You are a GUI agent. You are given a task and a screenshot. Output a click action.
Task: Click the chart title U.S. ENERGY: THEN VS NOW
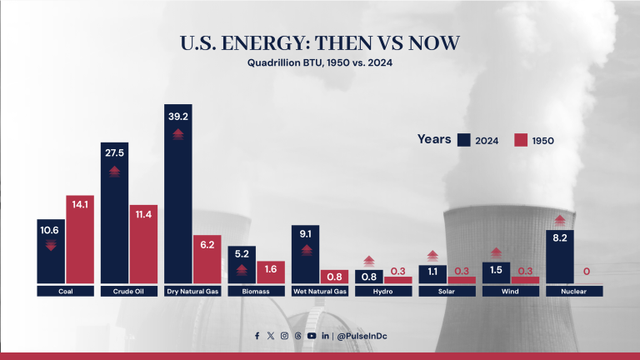pos(320,43)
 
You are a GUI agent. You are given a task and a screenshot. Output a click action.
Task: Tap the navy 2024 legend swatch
pos(463,140)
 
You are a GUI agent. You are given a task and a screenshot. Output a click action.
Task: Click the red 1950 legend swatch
pos(521,140)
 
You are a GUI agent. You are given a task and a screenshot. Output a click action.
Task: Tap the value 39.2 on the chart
pos(178,117)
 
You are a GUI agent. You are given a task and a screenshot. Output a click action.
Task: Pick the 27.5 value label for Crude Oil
pos(115,154)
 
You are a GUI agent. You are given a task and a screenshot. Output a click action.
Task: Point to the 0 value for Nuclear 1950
pos(587,272)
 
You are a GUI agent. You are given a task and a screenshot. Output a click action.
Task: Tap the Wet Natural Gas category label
pos(320,292)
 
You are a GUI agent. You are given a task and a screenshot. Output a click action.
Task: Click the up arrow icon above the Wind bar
pos(496,252)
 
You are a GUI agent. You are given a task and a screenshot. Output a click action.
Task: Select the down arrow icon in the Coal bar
pos(51,244)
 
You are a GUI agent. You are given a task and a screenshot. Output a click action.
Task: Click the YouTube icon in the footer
pos(311,336)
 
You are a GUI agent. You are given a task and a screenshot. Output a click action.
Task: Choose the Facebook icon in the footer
pos(257,336)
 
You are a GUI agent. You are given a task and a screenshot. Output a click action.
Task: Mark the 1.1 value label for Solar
pos(432,272)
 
